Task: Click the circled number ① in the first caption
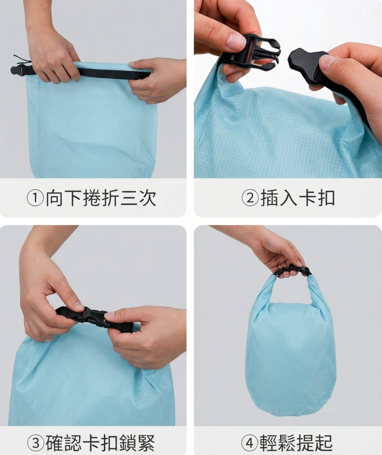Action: coord(35,198)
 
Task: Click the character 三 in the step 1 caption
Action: coord(129,198)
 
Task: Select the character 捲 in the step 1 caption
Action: coord(92,198)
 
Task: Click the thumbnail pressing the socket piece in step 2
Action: coord(329,61)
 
